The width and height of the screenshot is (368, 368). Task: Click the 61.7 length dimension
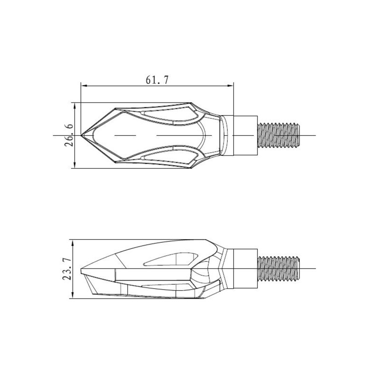tap(157, 80)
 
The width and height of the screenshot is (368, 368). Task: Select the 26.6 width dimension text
tap(69, 135)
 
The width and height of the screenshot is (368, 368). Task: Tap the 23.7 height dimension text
tap(67, 269)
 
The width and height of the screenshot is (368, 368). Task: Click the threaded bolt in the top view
tap(279, 135)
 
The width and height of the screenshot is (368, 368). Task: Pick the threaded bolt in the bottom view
tap(279, 269)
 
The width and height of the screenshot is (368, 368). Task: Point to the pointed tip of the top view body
tap(81, 135)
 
